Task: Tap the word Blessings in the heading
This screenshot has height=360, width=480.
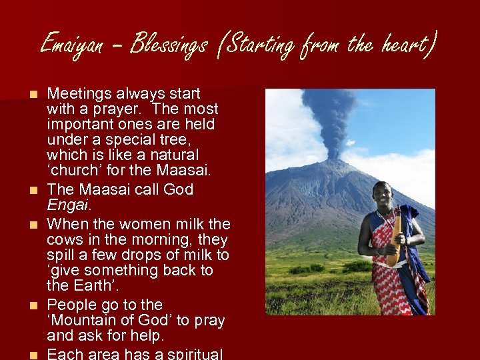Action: click(x=169, y=45)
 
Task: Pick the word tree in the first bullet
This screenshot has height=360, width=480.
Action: click(x=176, y=140)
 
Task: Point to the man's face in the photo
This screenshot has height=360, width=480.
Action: click(x=382, y=195)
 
